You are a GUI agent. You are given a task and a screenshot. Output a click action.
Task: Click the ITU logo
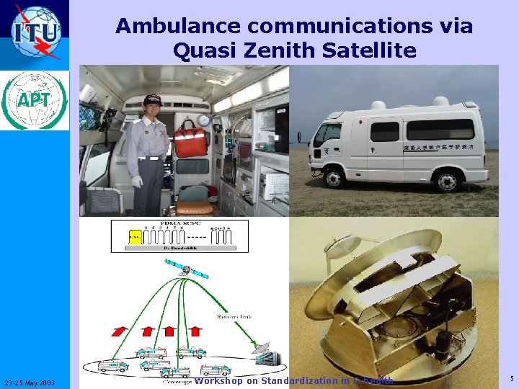pyautogui.click(x=35, y=33)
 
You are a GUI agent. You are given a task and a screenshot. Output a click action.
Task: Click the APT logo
pyautogui.click(x=35, y=100)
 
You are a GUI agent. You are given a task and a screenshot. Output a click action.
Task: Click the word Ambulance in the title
pyautogui.click(x=172, y=27)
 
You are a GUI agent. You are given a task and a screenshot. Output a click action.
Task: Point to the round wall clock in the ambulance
pyautogui.click(x=204, y=120)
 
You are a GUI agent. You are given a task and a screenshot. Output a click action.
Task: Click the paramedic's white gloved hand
pyautogui.click(x=137, y=181)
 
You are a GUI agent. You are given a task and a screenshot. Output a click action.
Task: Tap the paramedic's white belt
pyautogui.click(x=150, y=156)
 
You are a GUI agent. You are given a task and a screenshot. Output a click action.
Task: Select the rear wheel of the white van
pyautogui.click(x=447, y=179)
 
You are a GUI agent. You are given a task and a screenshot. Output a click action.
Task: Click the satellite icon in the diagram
pyautogui.click(x=185, y=269)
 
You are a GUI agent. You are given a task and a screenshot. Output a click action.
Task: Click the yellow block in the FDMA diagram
pyautogui.click(x=134, y=236)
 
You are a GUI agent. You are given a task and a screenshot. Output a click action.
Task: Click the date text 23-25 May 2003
pyautogui.click(x=35, y=382)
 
